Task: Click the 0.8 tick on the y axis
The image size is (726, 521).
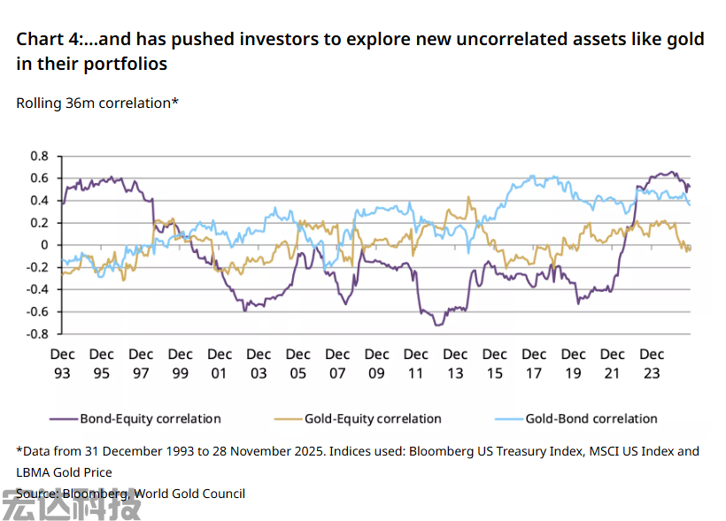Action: point(39,156)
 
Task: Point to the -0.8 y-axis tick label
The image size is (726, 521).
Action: point(36,334)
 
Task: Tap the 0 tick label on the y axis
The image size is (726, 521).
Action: point(44,245)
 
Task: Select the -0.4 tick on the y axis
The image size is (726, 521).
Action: point(36,289)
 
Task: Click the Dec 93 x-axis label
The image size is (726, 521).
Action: point(62,364)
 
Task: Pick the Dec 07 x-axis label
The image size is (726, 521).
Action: point(337,364)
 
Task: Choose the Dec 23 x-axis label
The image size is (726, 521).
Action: point(652,364)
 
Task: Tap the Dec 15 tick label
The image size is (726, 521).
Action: point(494,364)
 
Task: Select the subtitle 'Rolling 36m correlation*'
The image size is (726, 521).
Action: point(97,103)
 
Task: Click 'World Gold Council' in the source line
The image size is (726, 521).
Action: point(189,494)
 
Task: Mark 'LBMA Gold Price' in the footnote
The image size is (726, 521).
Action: point(65,472)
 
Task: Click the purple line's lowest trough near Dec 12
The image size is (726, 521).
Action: point(437,325)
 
